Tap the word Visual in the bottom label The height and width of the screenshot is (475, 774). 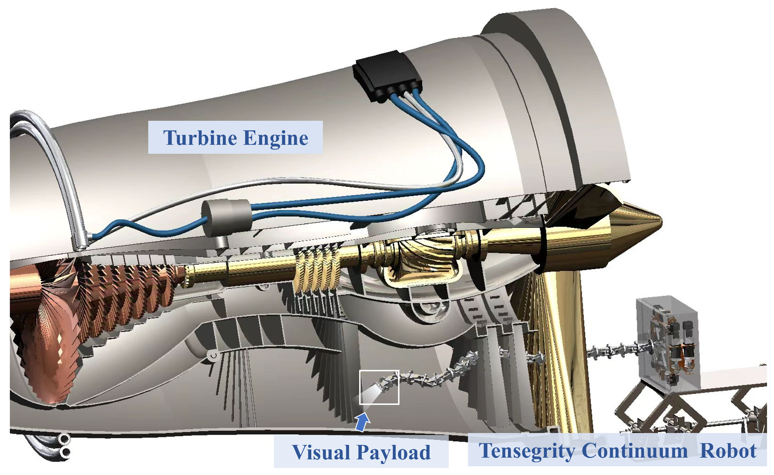pyautogui.click(x=321, y=452)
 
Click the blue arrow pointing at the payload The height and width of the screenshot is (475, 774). pyautogui.click(x=362, y=422)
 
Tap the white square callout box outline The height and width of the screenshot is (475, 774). pyautogui.click(x=379, y=371)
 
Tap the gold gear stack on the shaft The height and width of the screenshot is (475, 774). pyautogui.click(x=316, y=270)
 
